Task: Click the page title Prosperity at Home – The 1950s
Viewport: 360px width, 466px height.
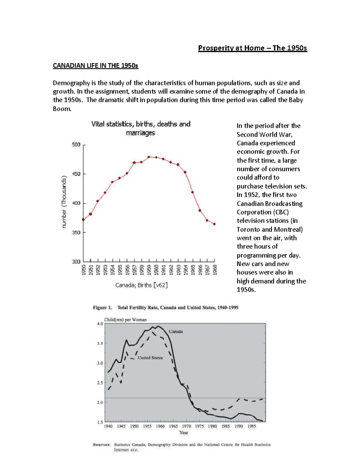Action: (252, 48)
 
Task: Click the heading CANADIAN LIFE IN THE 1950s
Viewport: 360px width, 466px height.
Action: (95, 65)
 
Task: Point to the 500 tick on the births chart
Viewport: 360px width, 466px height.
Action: (76, 145)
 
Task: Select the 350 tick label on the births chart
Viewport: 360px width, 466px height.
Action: (76, 233)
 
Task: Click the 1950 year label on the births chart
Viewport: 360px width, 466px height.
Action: (84, 269)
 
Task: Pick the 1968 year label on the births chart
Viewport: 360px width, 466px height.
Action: (215, 269)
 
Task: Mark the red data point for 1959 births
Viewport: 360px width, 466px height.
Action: (149, 157)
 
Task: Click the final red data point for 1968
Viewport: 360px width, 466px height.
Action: (214, 224)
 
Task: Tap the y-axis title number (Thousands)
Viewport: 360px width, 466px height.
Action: (64, 203)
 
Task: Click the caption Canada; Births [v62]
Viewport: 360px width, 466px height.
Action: (141, 285)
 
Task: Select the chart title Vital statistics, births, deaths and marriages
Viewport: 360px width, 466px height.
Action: (141, 128)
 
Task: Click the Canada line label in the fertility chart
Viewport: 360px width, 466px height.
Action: (176, 332)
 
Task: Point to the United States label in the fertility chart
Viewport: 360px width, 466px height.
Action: (150, 358)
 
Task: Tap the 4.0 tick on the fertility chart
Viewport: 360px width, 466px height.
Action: (100, 324)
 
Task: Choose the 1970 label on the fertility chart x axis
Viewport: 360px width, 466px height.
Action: (186, 426)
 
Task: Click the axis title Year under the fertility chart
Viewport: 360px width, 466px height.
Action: (184, 432)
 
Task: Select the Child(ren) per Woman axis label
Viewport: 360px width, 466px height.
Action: (125, 320)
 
